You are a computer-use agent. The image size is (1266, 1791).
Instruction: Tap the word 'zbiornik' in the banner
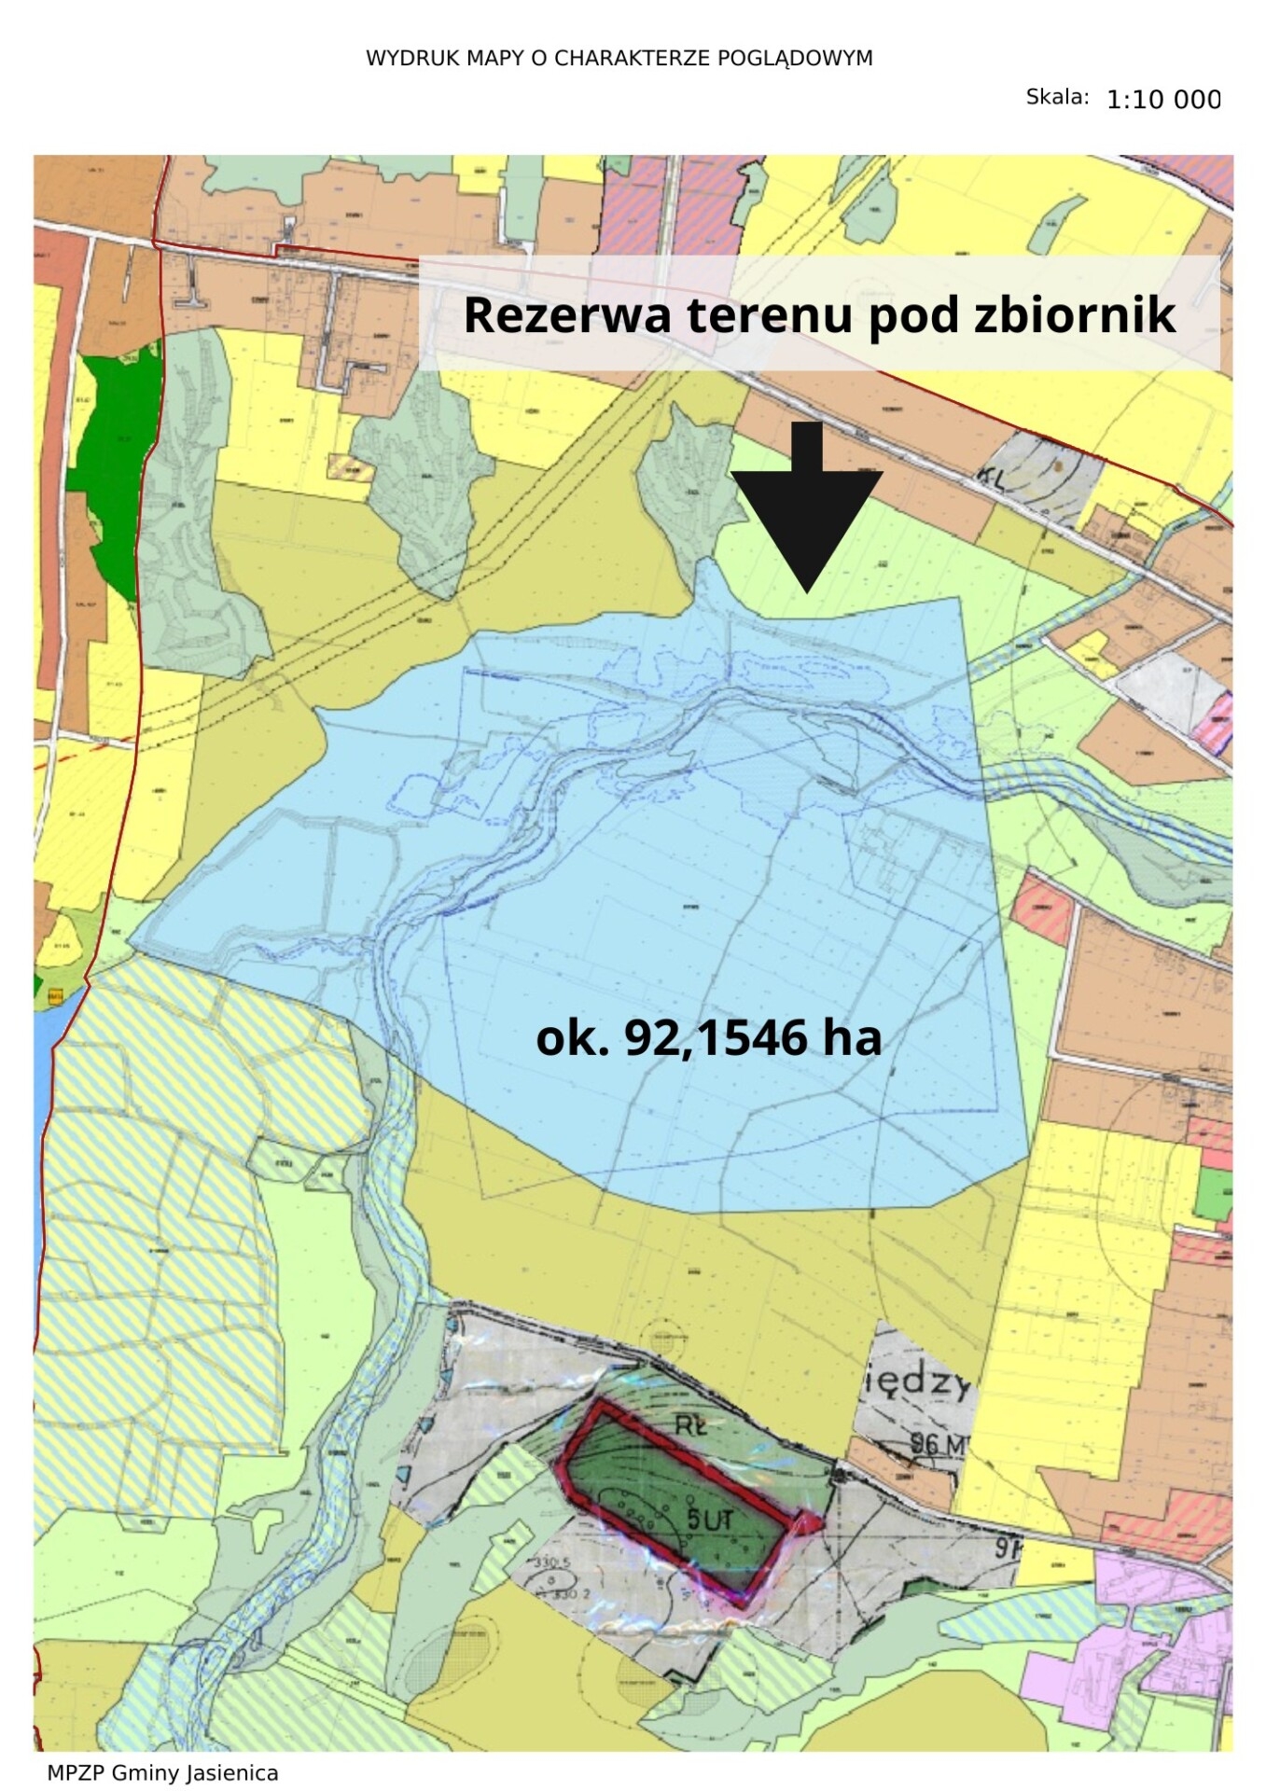(1075, 314)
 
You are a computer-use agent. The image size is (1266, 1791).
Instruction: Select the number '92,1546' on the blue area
(716, 1037)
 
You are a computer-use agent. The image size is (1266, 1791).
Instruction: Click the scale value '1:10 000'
(1163, 100)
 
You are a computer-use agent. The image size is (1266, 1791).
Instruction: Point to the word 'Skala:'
(1057, 97)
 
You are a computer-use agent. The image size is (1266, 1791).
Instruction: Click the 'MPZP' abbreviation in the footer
(76, 1772)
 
